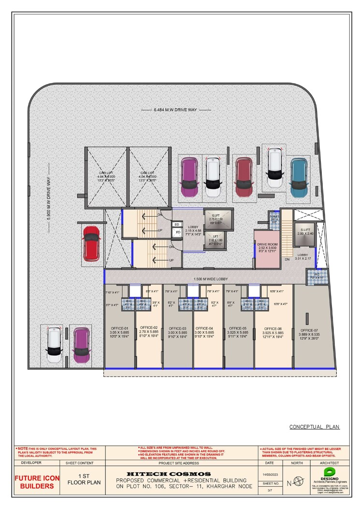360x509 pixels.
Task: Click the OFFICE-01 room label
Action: pyautogui.click(x=119, y=328)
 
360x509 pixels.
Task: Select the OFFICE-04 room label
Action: pyautogui.click(x=208, y=328)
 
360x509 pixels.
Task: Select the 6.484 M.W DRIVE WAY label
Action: pyautogui.click(x=175, y=110)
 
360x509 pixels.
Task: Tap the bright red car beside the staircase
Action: pyautogui.click(x=91, y=243)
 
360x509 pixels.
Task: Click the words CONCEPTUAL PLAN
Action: pyautogui.click(x=314, y=426)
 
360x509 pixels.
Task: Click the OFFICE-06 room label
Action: pyautogui.click(x=273, y=328)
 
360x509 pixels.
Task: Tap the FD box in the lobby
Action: pyautogui.click(x=178, y=232)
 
